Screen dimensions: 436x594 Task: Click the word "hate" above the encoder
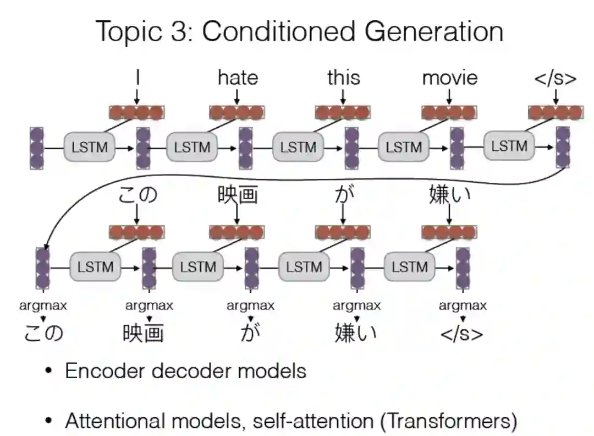click(238, 78)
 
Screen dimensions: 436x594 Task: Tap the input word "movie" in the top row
click(449, 78)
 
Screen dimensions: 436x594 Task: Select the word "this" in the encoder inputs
click(343, 78)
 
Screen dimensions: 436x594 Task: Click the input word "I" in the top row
click(137, 78)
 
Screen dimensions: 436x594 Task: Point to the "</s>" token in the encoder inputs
click(555, 78)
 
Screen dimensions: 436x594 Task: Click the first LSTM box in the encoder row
click(89, 148)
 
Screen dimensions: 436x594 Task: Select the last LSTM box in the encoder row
click(509, 146)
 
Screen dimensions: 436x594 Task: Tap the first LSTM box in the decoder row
click(95, 267)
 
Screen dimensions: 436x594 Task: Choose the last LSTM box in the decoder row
click(410, 267)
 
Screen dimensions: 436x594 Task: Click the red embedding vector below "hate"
click(237, 112)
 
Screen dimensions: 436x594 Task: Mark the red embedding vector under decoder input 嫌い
click(449, 232)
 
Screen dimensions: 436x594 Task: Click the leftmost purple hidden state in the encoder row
click(37, 148)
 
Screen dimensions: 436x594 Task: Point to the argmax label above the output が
click(250, 306)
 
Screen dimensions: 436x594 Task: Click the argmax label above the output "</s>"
click(462, 306)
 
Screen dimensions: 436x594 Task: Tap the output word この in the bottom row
click(43, 333)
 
